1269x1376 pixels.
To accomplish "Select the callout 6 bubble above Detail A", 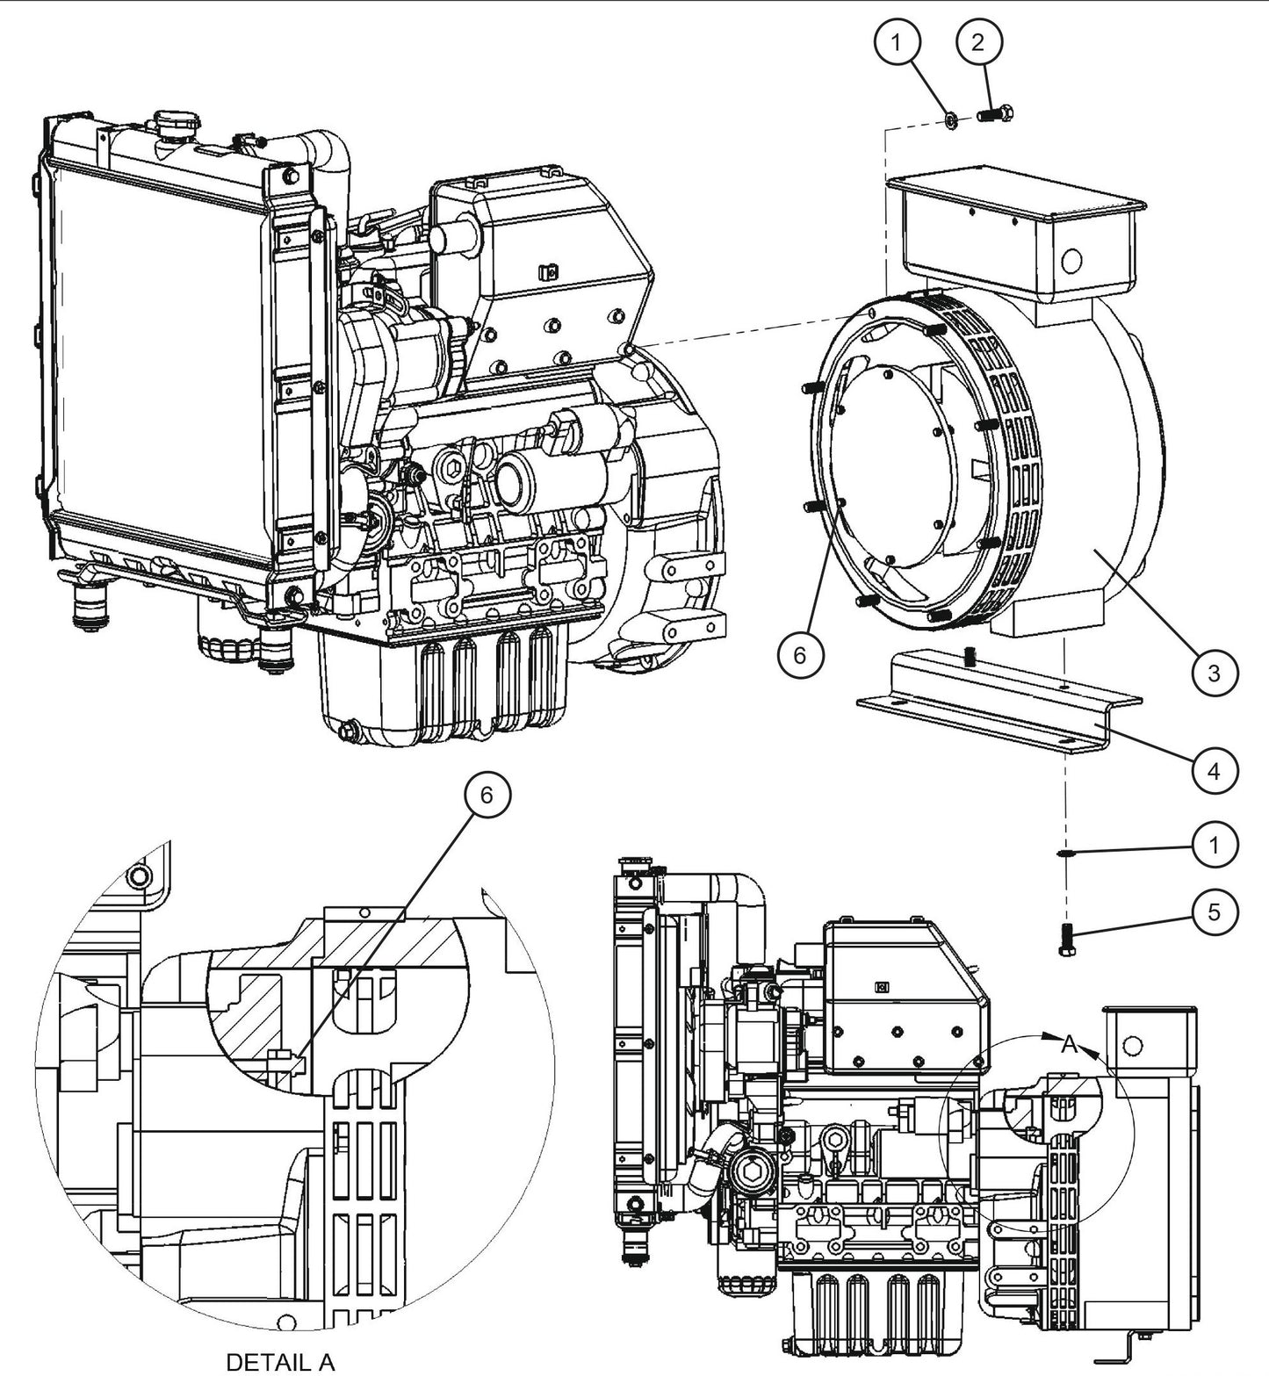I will (x=487, y=795).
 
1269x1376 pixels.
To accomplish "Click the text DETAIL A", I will (x=280, y=1362).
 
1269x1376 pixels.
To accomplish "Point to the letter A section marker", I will (x=1069, y=1044).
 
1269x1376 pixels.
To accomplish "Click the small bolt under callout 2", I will (x=993, y=114).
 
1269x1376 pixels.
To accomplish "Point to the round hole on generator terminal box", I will (x=1071, y=260).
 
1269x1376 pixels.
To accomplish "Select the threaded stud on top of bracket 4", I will (x=970, y=656).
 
